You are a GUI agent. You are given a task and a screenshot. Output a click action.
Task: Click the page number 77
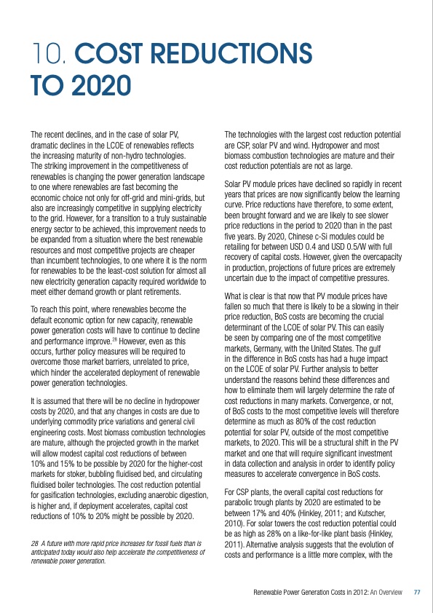(x=417, y=591)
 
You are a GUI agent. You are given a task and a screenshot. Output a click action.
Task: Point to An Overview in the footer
(x=385, y=591)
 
